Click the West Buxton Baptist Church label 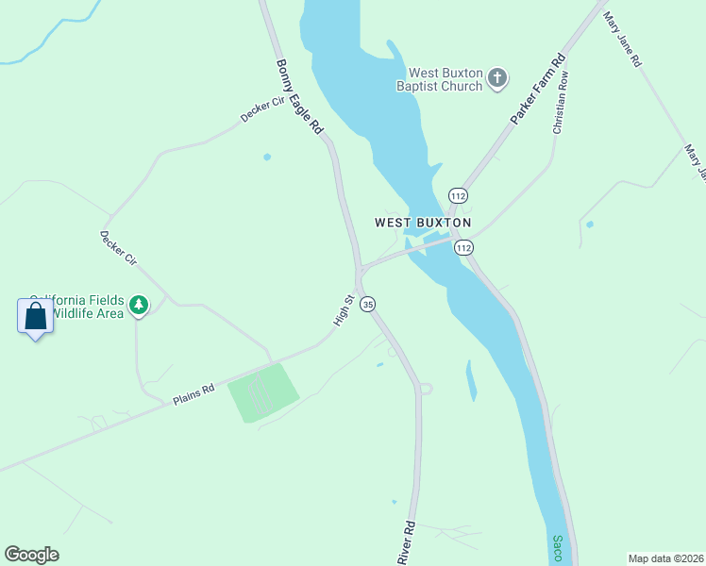tap(445, 79)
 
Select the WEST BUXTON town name tap(422, 223)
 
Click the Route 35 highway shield tap(368, 304)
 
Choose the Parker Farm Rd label tap(538, 90)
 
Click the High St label tap(343, 311)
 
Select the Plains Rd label tap(193, 393)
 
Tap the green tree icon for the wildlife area tap(140, 305)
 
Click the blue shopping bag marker tap(35, 316)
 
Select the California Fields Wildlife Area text tap(80, 306)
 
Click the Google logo tap(31, 555)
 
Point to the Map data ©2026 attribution tap(665, 558)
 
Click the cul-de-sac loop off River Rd tap(426, 388)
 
